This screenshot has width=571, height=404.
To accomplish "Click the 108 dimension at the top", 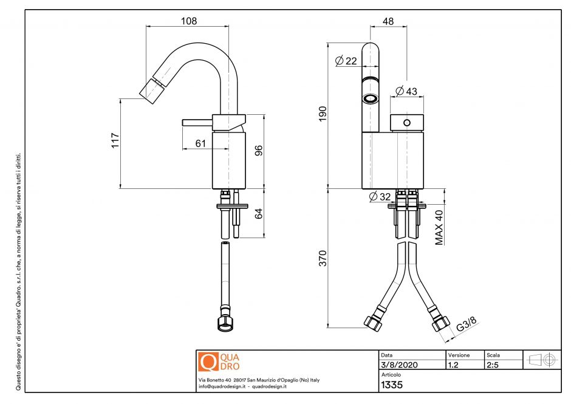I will coord(189,21).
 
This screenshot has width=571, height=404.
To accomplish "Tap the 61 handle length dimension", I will coord(200,143).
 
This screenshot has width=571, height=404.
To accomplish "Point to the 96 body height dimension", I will coord(258,150).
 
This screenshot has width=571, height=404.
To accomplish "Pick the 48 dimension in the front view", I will coord(388,21).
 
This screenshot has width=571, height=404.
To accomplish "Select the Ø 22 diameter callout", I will coord(346,61).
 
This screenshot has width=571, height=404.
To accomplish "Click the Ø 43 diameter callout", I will coord(406,91).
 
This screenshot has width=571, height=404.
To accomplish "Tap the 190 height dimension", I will coord(323,114).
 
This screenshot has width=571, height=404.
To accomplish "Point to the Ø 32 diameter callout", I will coord(380,196).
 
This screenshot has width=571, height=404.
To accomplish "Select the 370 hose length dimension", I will coord(323,258).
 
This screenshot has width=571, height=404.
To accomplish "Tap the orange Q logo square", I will coord(208,361).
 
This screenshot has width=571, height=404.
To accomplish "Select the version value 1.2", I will coord(453,365).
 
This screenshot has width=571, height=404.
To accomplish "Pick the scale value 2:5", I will coord(493,365).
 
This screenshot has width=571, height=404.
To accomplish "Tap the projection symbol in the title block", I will coord(542,360).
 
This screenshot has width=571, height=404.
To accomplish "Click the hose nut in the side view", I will coord(225,323).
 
